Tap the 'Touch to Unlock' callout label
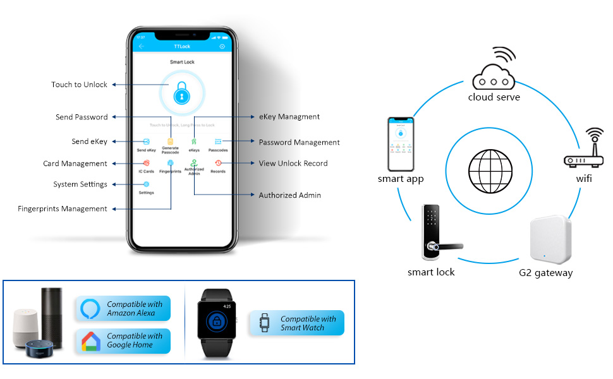click(80, 85)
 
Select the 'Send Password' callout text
click(82, 117)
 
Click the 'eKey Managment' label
click(289, 117)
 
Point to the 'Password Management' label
click(299, 142)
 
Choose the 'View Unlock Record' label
click(293, 163)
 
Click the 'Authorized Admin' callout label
click(289, 195)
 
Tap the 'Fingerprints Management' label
click(63, 208)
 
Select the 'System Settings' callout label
click(80, 184)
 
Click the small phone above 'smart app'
click(400, 144)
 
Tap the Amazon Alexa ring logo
click(91, 309)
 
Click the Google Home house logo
click(91, 341)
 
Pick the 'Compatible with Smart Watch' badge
click(297, 323)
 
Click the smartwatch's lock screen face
click(216, 320)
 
